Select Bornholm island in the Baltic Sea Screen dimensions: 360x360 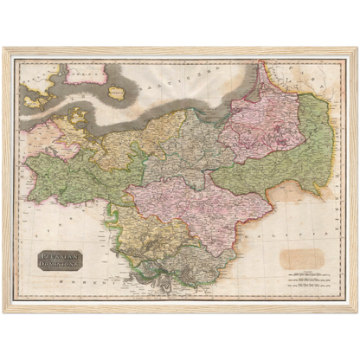117,92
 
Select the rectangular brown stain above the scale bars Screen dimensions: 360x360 301,258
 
